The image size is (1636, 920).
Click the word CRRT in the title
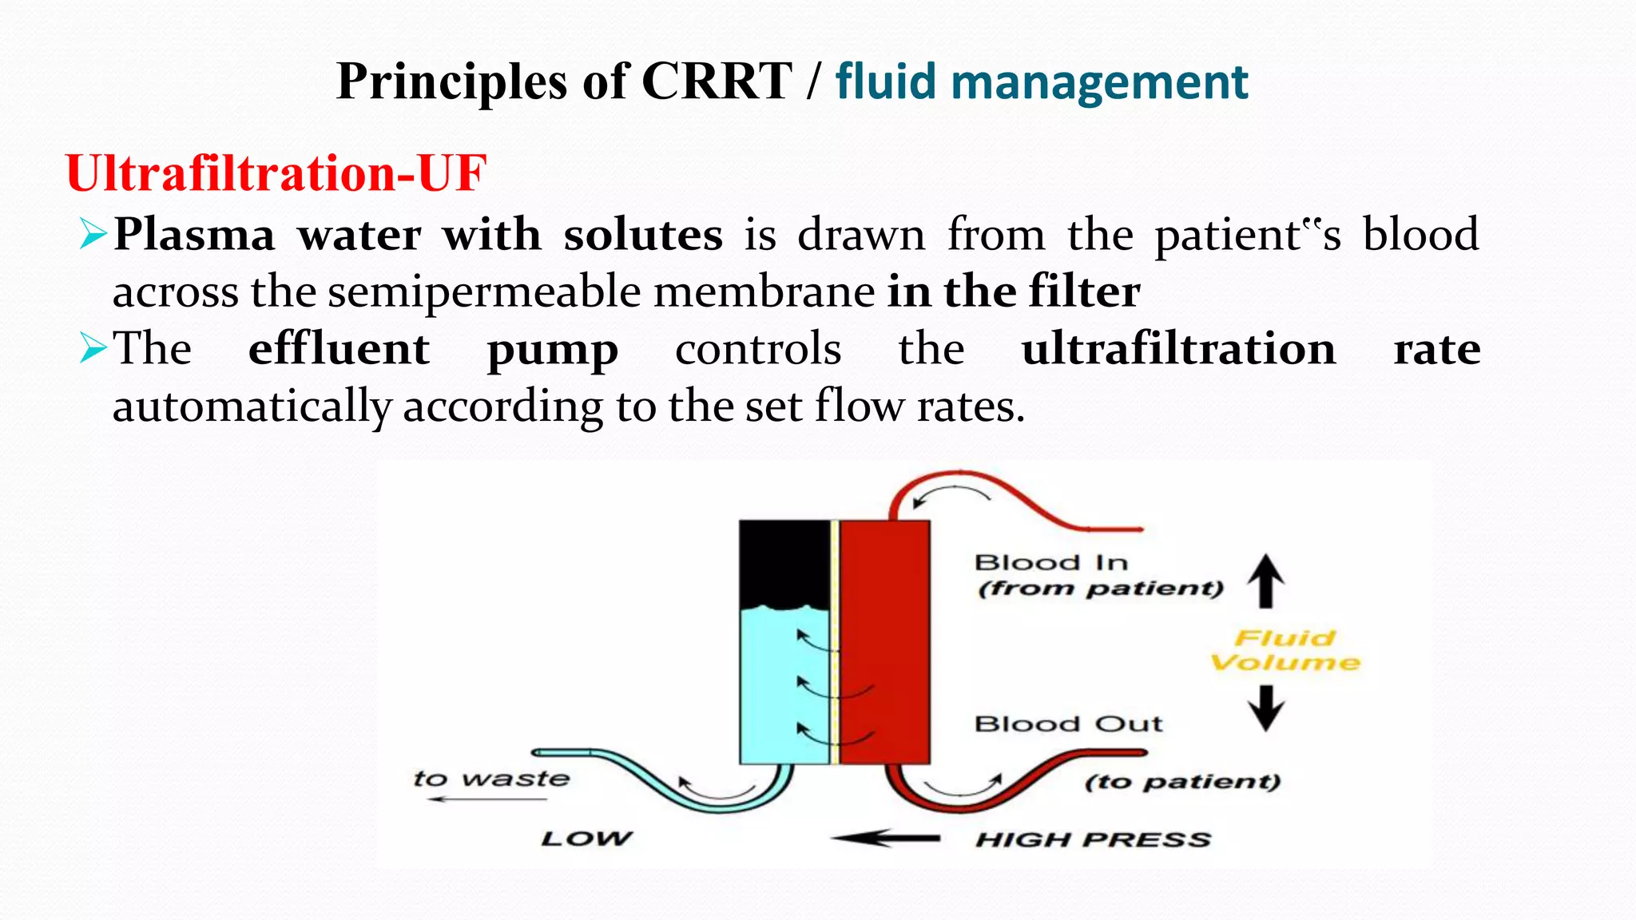coord(716,82)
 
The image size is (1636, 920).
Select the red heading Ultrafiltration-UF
coord(276,173)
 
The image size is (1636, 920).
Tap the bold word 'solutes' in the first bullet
coord(642,236)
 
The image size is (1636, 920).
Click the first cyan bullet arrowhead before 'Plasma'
coord(93,235)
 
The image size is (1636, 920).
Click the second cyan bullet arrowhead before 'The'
coord(93,349)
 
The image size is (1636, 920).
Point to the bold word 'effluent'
coord(339,350)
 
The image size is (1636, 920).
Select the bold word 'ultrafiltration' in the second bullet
coord(1178,350)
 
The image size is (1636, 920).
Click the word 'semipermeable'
coord(485,292)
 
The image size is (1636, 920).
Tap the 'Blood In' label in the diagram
coord(1050,563)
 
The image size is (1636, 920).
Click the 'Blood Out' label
coord(1068,724)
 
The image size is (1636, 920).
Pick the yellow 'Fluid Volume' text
coord(1285,650)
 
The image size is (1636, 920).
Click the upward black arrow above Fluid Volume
coord(1266,581)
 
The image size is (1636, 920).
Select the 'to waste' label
coord(491,779)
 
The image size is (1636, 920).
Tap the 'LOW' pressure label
coord(586,839)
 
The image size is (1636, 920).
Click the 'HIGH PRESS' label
coord(1093,840)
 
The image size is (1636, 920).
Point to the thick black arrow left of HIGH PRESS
coord(885,839)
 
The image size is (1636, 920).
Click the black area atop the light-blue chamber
coord(784,562)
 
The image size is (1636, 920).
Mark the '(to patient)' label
coord(1182,782)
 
